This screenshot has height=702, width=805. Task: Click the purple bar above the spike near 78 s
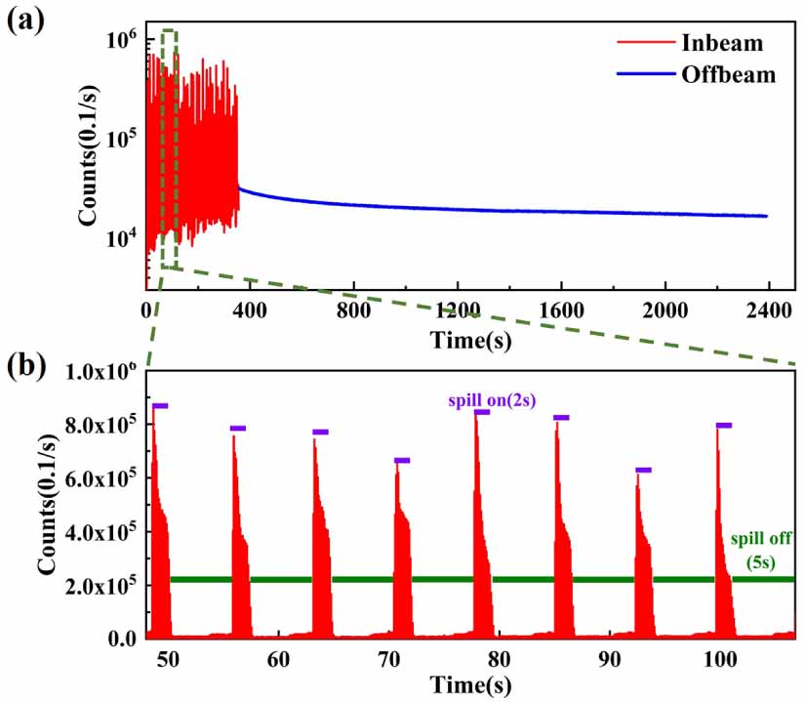[x=482, y=412]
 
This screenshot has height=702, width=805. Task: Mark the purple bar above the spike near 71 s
[x=402, y=460]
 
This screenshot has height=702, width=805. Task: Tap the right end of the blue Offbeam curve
[x=767, y=216]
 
